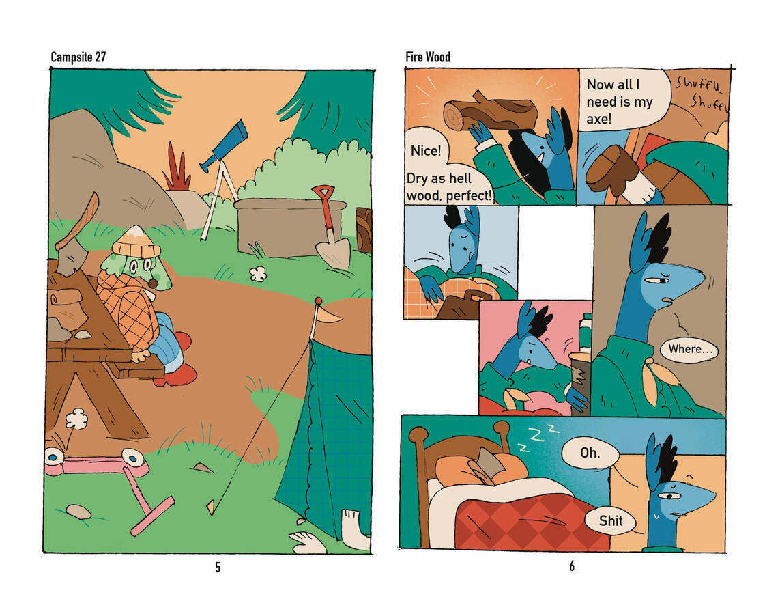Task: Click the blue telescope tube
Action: (x=224, y=145)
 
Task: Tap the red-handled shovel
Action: (x=330, y=227)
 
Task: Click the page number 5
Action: (x=218, y=567)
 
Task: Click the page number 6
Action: (x=572, y=566)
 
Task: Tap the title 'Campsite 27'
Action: (x=78, y=57)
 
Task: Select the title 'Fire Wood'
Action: (x=428, y=57)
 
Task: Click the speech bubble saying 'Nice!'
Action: (x=426, y=150)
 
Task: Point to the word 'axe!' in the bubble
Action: (x=599, y=119)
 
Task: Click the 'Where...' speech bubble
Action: (x=689, y=349)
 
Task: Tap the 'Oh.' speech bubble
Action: (x=590, y=453)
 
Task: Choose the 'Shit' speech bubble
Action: (x=610, y=521)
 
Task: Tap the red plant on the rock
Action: (x=176, y=167)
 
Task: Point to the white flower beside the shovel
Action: (x=257, y=273)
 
